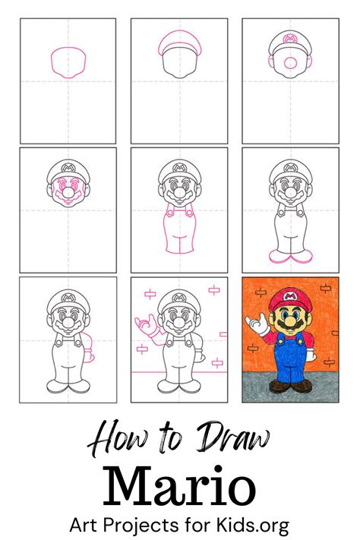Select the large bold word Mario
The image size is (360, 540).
coord(179,484)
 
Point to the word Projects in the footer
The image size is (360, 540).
coord(144,525)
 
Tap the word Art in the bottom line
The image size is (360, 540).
coord(85,524)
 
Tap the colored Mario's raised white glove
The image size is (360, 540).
coord(261,327)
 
